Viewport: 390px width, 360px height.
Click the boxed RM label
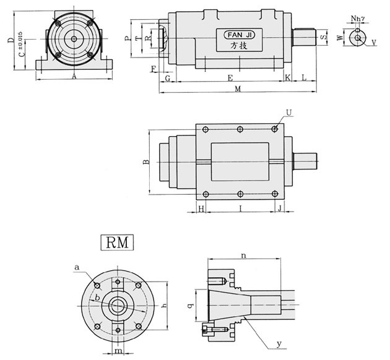click(117, 242)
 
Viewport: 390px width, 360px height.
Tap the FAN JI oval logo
click(240, 35)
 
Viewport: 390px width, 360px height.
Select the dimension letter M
click(238, 89)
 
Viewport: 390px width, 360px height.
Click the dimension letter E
click(230, 79)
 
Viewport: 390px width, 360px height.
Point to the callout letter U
click(288, 113)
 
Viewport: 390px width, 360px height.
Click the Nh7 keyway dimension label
click(358, 18)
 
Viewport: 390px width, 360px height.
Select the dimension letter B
click(147, 162)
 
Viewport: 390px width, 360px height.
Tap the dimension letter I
click(241, 208)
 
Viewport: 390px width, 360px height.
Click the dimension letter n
click(244, 255)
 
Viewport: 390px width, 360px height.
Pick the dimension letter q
click(190, 306)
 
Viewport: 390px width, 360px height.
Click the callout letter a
click(77, 267)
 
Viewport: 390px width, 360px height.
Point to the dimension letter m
click(118, 351)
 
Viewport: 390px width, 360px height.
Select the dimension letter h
click(163, 306)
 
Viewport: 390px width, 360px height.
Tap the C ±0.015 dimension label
click(22, 44)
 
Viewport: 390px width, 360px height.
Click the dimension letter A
click(74, 77)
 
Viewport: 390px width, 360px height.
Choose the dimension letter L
click(304, 78)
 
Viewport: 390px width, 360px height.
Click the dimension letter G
click(168, 79)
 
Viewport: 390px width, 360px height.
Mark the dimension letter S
click(323, 37)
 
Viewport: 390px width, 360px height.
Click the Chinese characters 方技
click(239, 45)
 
